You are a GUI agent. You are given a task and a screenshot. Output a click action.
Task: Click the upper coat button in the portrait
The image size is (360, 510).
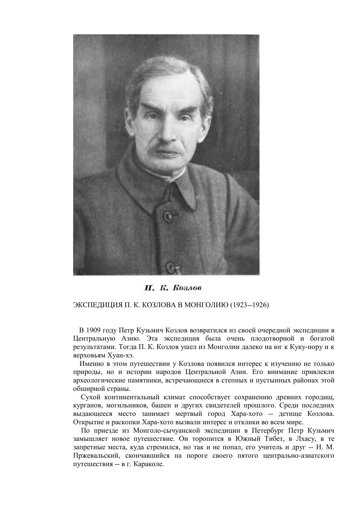(x=168, y=216)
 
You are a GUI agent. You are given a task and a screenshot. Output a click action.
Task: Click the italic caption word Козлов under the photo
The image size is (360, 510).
(x=187, y=288)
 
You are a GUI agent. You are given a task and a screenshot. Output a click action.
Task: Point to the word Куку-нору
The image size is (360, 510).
(x=307, y=347)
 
